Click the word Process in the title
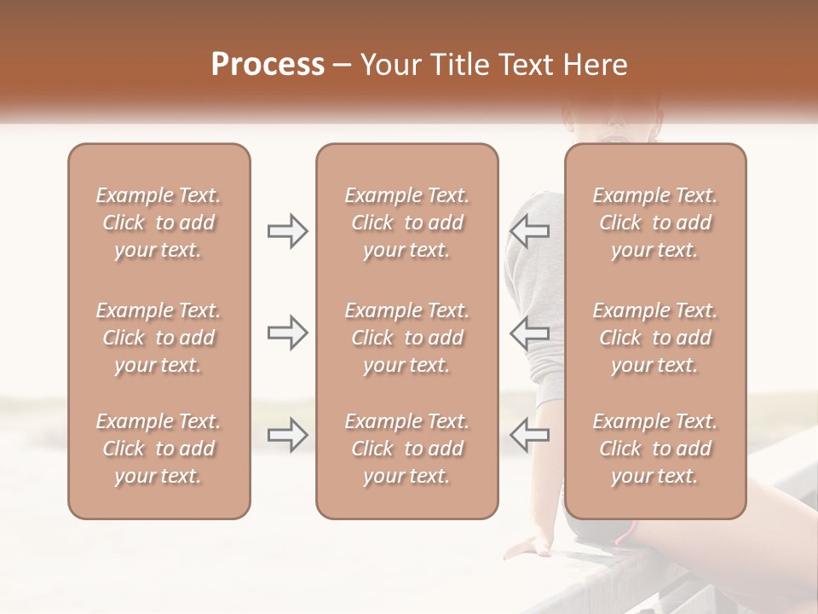coord(268,65)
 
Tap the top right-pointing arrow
coord(287,231)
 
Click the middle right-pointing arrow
coord(287,333)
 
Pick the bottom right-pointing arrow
coord(287,435)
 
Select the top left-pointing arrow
coord(530,231)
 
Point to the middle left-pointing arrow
coord(530,333)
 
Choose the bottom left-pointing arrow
coord(530,435)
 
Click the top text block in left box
coord(158,223)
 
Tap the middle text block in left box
coord(158,338)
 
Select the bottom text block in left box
coord(158,449)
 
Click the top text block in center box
coord(406,223)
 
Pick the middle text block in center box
coord(406,338)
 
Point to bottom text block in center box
coord(406,449)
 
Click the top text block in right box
coord(655,223)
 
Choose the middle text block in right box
coord(655,338)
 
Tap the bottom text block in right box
coord(655,449)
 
